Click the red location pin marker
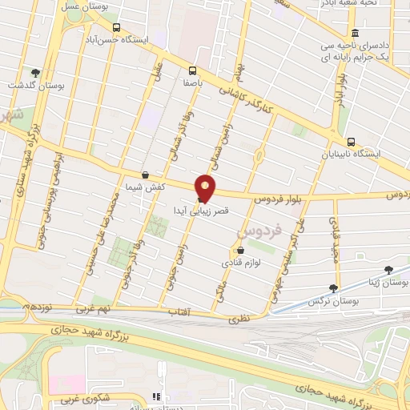pos(206,187)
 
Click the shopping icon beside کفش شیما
pos(144,175)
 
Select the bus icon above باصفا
pos(191,70)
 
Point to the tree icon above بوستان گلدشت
pos(34,73)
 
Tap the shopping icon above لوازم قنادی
pos(239,250)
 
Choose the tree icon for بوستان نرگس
pos(333,288)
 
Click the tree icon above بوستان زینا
pos(388,271)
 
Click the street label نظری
pos(240,318)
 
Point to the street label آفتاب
pos(179,310)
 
